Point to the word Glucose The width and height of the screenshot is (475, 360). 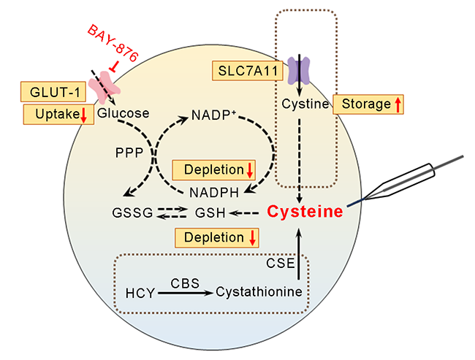point(123,113)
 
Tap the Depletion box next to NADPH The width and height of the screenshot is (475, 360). point(213,170)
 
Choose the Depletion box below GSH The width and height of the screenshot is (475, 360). point(217,238)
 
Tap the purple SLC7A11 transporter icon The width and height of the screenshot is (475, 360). point(300,72)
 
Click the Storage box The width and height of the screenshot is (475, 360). point(368,104)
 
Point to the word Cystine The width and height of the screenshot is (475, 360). point(301,104)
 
